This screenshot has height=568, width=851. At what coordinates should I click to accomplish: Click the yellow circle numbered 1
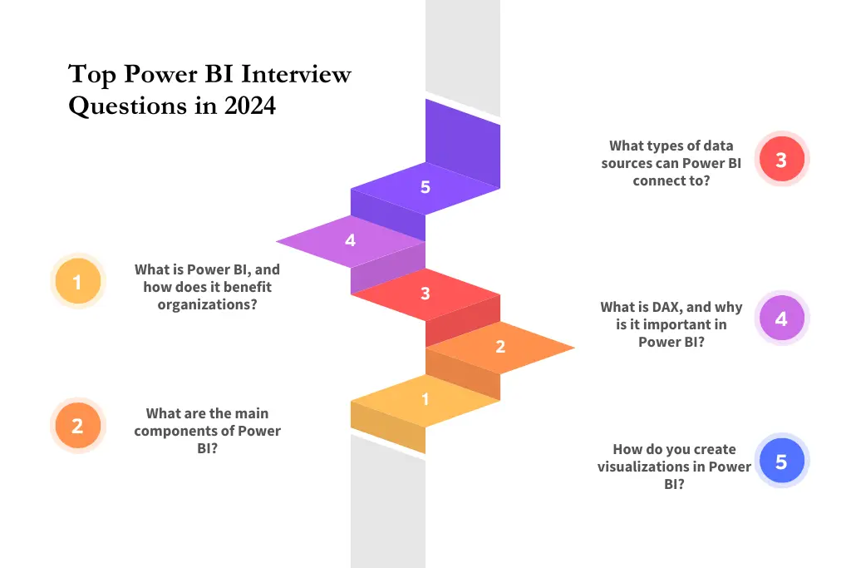tap(77, 283)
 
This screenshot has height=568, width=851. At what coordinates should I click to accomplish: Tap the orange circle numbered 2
tap(77, 426)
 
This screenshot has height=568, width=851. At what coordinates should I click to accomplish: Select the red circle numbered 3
tap(781, 159)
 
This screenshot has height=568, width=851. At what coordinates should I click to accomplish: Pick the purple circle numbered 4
tap(781, 318)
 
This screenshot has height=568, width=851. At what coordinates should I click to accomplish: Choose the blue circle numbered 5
tap(781, 461)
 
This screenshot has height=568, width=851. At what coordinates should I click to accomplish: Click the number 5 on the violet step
tap(425, 187)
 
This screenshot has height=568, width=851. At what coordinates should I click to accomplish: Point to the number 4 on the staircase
tap(350, 240)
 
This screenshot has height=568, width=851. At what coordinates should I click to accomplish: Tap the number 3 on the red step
tap(425, 294)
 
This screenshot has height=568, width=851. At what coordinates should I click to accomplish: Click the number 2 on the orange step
tap(500, 347)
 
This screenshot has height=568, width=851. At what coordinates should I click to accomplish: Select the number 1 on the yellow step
tap(425, 399)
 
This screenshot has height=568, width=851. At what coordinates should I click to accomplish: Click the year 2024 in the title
tap(249, 106)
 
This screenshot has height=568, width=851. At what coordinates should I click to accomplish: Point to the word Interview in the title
tap(296, 75)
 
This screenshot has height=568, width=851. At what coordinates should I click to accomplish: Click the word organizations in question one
tap(207, 304)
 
